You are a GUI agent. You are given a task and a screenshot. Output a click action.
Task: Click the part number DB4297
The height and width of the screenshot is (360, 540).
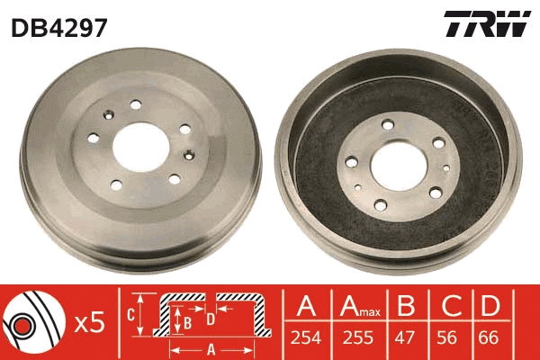(x=59, y=26)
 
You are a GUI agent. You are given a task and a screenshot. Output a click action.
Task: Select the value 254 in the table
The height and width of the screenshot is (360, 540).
(x=306, y=340)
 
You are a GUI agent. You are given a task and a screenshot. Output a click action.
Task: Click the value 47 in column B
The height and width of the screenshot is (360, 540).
(x=407, y=340)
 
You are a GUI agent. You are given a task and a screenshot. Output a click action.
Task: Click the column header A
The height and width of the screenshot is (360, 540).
(x=306, y=307)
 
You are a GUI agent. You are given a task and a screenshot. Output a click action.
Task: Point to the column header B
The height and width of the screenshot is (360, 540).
(x=407, y=307)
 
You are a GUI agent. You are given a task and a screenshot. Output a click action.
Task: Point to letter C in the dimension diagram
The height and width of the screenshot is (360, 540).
(x=129, y=314)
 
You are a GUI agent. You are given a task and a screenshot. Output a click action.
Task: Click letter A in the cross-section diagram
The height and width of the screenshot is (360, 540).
(x=211, y=349)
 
